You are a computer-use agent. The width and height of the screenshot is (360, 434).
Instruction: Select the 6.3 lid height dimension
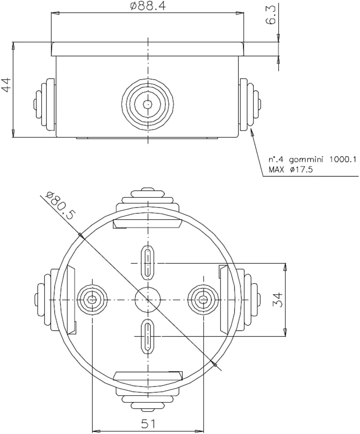click(x=272, y=15)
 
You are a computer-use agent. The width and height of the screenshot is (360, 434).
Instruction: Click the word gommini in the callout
click(x=307, y=160)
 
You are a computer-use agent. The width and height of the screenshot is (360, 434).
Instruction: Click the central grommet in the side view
click(x=147, y=105)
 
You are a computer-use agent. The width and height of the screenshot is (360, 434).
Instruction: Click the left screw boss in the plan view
click(x=92, y=299)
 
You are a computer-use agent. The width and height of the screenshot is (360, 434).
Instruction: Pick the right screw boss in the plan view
click(x=203, y=299)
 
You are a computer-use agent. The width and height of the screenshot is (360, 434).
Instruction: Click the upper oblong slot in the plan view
click(x=147, y=262)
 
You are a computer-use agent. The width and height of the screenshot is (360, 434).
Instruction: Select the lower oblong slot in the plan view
click(x=147, y=336)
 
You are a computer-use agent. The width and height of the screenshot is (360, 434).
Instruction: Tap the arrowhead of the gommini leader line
click(x=252, y=133)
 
